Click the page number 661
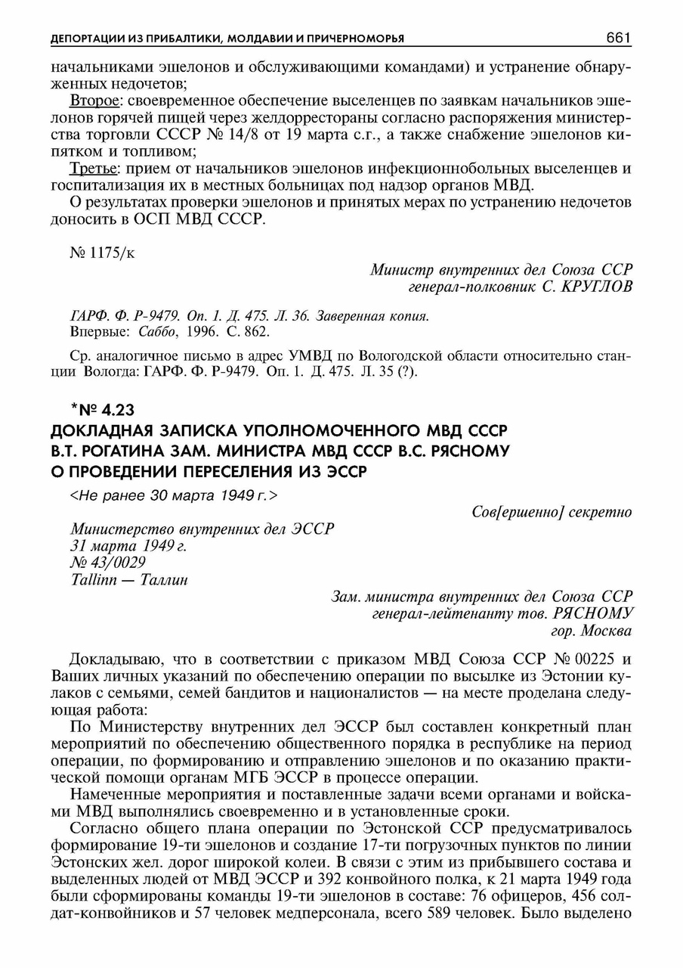pyautogui.click(x=618, y=38)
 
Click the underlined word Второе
pyautogui.click(x=91, y=101)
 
